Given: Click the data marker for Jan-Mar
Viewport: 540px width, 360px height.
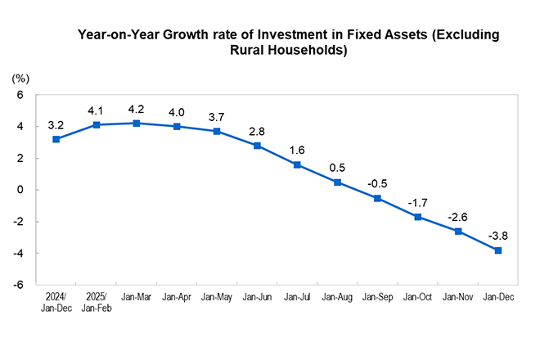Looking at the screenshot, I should (x=136, y=124).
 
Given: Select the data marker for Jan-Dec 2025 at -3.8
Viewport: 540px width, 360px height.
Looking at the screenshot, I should (x=497, y=250).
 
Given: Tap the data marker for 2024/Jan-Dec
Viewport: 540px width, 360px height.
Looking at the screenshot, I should (x=56, y=139).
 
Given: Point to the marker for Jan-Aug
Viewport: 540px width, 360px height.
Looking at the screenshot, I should (x=337, y=182).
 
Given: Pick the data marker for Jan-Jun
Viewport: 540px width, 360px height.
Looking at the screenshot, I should (x=257, y=146).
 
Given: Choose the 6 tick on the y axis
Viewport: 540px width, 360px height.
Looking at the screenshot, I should (x=21, y=95).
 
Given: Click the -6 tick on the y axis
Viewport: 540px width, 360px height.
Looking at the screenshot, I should (x=19, y=286).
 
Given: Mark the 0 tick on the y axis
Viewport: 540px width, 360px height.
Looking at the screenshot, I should (x=21, y=190).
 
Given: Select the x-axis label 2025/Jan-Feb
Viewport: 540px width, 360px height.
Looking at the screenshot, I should (x=96, y=303).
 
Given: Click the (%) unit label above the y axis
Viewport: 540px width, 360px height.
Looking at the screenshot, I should (x=20, y=79).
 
